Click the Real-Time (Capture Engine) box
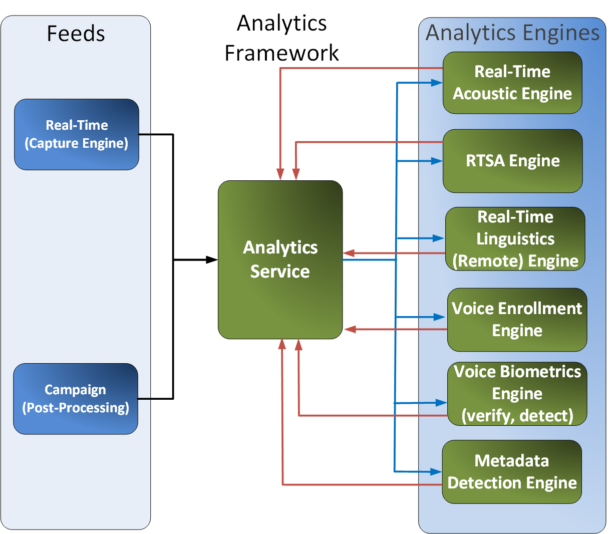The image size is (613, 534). tap(76, 134)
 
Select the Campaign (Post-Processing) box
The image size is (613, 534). tap(75, 399)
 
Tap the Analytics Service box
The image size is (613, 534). tap(280, 259)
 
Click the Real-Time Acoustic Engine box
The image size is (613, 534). tap(512, 83)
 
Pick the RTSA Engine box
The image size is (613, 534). tap(512, 161)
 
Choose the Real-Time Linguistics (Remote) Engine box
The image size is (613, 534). tap(515, 239)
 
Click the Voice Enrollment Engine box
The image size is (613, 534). tap(517, 320)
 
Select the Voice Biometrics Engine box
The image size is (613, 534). tap(517, 394)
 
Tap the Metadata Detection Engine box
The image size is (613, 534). tap(512, 472)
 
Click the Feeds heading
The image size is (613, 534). tap(76, 34)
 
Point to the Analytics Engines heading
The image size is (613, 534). tap(512, 33)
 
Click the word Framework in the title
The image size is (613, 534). tap(281, 53)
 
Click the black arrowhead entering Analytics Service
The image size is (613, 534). tap(212, 259)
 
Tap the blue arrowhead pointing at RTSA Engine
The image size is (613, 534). tap(437, 161)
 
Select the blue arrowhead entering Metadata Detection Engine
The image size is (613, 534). tap(436, 472)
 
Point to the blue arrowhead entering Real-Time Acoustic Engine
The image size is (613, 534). tap(437, 83)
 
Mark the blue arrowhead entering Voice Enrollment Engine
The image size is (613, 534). tap(440, 317)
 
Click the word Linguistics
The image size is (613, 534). tap(515, 239)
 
